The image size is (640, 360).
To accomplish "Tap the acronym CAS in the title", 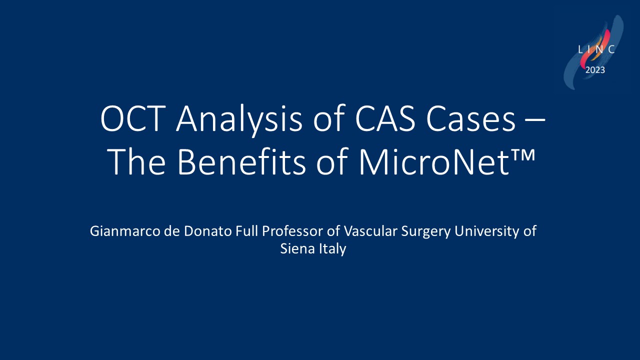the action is point(385,118).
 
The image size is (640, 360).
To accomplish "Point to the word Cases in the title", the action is point(471,118).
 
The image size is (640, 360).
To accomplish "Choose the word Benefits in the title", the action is point(241,161).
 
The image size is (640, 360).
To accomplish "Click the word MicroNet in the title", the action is point(434,161).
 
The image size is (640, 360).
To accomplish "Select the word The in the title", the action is point(137,161).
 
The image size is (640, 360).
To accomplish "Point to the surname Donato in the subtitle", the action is point(207,231).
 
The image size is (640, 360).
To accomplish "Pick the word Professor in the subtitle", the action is point(292,231).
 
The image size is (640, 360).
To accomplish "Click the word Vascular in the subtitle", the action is point(370,231).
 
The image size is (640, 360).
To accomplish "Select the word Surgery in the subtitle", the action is point(426,232).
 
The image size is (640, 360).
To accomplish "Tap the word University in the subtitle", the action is point(487,232).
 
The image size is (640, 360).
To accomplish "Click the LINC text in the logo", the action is point(596,49).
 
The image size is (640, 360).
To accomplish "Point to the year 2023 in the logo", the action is point(595,70).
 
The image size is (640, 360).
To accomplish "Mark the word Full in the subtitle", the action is point(247,231).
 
